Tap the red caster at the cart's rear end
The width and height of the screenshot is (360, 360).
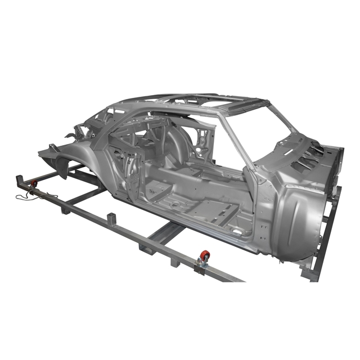coord(33,183)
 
